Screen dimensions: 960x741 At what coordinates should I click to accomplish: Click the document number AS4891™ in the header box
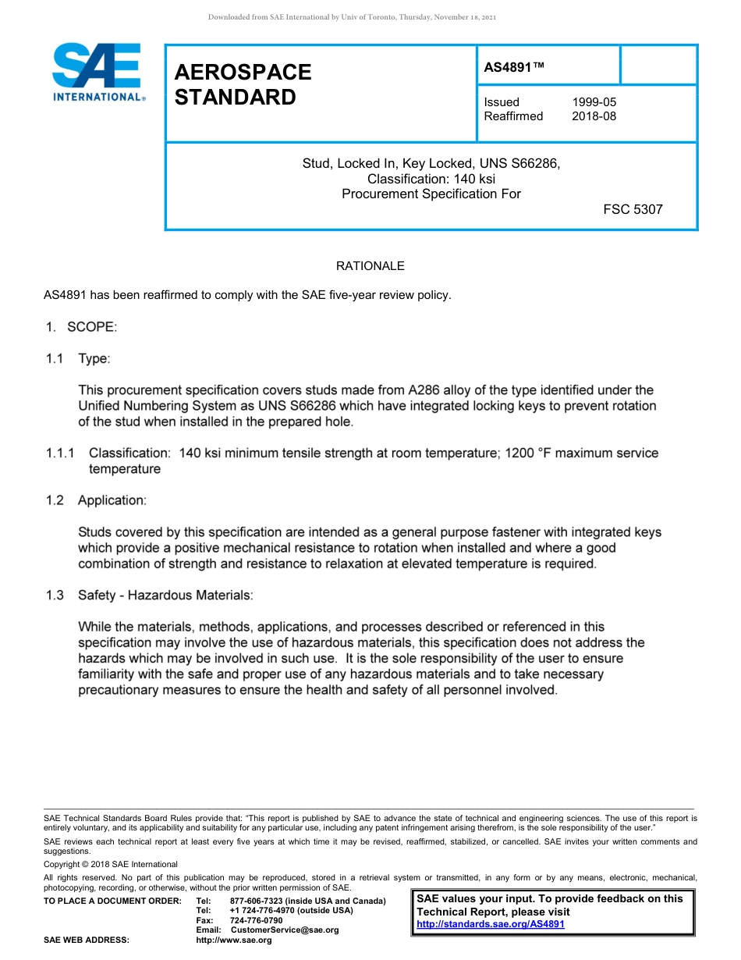point(514,67)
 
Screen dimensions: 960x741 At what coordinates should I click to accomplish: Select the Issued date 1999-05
point(594,101)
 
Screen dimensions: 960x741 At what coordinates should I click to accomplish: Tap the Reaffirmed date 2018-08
point(594,116)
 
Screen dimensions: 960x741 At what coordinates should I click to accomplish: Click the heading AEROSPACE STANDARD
point(243,84)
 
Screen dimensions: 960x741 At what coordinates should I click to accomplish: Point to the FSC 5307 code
point(633,209)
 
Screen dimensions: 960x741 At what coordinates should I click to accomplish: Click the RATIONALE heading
point(370,266)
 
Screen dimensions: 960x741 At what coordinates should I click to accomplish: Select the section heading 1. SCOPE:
point(80,327)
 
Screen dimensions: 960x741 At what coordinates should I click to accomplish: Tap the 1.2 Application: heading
point(95,500)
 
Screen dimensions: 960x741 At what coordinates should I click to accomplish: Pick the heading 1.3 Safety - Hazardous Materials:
point(149,595)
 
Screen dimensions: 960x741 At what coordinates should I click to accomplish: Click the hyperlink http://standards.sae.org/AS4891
point(491,924)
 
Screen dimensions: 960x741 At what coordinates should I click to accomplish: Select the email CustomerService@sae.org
point(285,930)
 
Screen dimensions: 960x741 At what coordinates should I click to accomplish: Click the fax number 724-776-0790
point(256,920)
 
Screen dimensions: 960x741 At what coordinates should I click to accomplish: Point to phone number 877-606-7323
point(259,901)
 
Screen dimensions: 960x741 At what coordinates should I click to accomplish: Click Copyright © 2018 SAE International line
point(111,864)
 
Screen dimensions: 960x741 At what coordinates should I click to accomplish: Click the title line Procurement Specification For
point(431,194)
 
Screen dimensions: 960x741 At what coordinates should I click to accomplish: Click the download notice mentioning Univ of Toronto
point(352,17)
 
